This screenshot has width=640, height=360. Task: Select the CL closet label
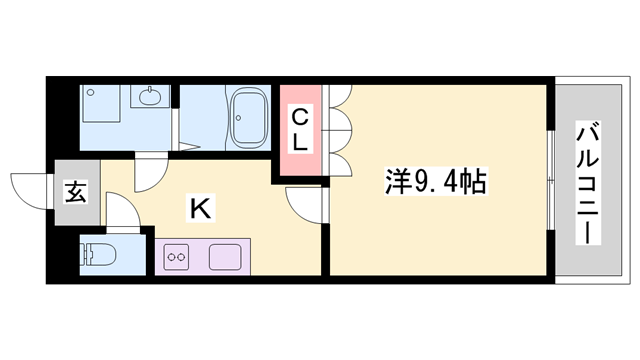click(300, 130)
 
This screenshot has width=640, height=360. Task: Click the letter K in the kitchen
click(200, 209)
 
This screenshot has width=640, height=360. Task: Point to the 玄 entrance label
click(75, 190)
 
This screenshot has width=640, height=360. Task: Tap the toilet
click(99, 253)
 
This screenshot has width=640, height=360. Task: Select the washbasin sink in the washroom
click(151, 98)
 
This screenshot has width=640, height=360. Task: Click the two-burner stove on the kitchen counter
click(177, 256)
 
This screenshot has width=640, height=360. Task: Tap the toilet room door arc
click(120, 214)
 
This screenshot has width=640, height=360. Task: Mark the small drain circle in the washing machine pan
click(92, 93)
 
